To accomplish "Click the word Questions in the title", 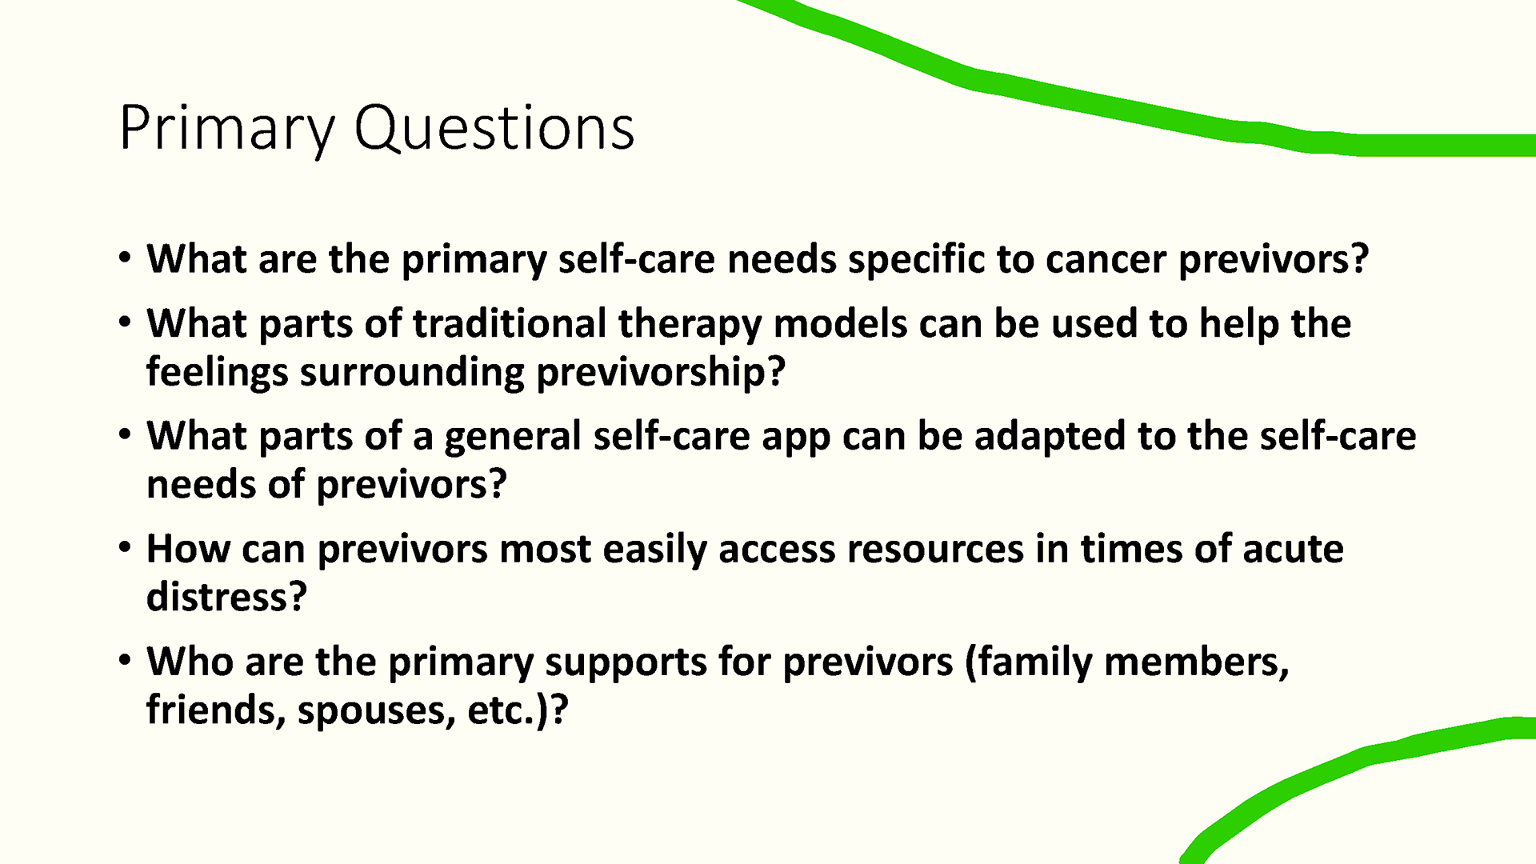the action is click(x=494, y=128).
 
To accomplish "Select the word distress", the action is click(x=226, y=597).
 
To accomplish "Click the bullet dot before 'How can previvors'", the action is click(x=124, y=548).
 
